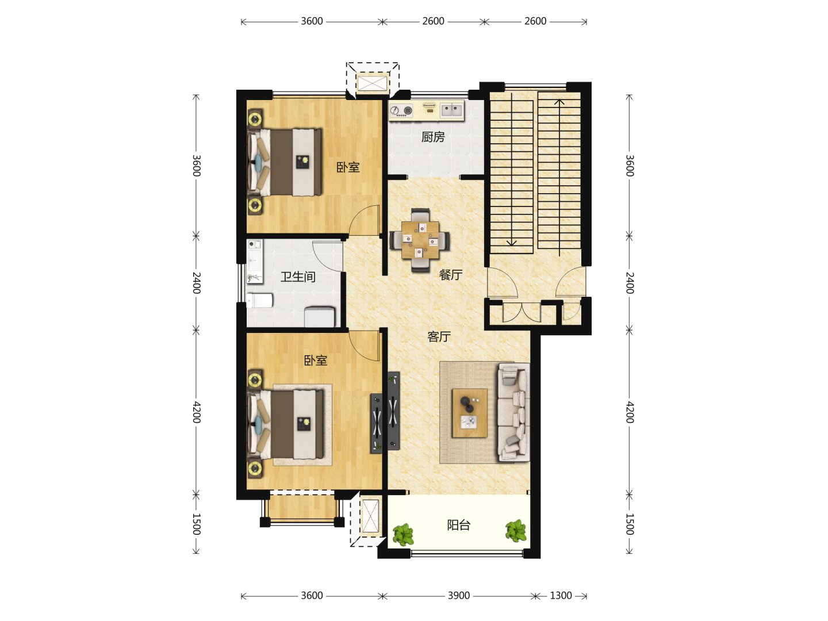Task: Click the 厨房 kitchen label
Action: pyautogui.click(x=432, y=137)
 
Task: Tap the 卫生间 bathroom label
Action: pyautogui.click(x=298, y=277)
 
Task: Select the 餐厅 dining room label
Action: pyautogui.click(x=450, y=274)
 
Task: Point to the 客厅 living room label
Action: pyautogui.click(x=439, y=336)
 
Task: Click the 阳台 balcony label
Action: pyautogui.click(x=459, y=525)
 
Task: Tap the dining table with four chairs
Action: pyautogui.click(x=420, y=240)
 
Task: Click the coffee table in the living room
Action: pyautogui.click(x=470, y=413)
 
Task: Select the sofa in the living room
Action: pyautogui.click(x=513, y=412)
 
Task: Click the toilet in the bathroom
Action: pyautogui.click(x=259, y=301)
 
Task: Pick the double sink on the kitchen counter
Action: pyautogui.click(x=451, y=110)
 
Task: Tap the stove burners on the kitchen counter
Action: pyautogui.click(x=401, y=110)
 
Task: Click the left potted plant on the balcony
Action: pyautogui.click(x=403, y=534)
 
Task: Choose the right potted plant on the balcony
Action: pyautogui.click(x=516, y=531)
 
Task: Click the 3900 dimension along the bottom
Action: pyautogui.click(x=459, y=596)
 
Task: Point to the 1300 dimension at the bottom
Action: pyautogui.click(x=561, y=596)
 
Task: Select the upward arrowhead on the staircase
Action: pyautogui.click(x=559, y=102)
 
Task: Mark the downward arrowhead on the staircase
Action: pyautogui.click(x=512, y=243)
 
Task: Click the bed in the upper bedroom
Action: pyautogui.click(x=285, y=162)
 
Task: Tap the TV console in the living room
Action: pyautogui.click(x=393, y=411)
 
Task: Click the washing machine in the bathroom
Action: pyautogui.click(x=320, y=317)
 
